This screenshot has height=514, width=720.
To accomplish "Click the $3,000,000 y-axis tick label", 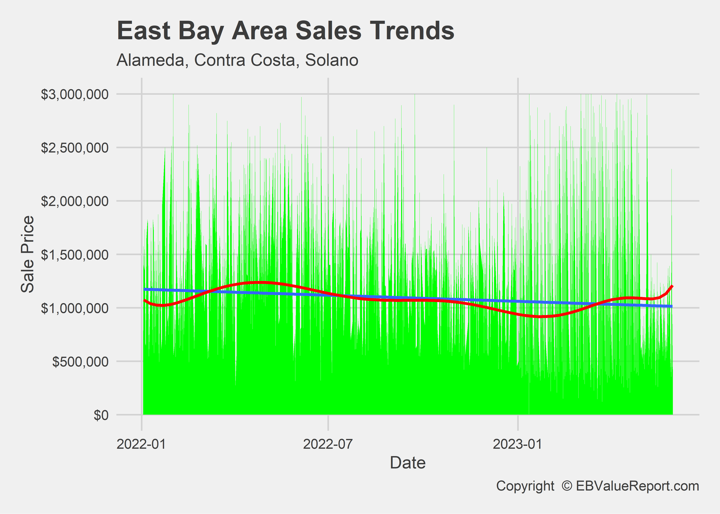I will pos(75,94).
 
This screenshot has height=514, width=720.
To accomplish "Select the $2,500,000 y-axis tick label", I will pos(75,148).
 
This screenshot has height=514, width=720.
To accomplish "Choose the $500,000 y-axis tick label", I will pos(80,362).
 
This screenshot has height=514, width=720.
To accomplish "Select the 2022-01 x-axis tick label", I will pos(141,444).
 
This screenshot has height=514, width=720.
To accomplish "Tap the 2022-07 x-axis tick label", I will pos(328,444).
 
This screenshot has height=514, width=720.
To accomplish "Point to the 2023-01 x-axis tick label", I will pos(517,444).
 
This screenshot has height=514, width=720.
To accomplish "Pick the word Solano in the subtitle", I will pos(332,60).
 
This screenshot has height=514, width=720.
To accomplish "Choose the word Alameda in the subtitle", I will pos(151,60).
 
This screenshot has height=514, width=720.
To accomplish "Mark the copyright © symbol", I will pos(567,486).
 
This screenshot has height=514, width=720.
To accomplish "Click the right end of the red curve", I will pos(672,286).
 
